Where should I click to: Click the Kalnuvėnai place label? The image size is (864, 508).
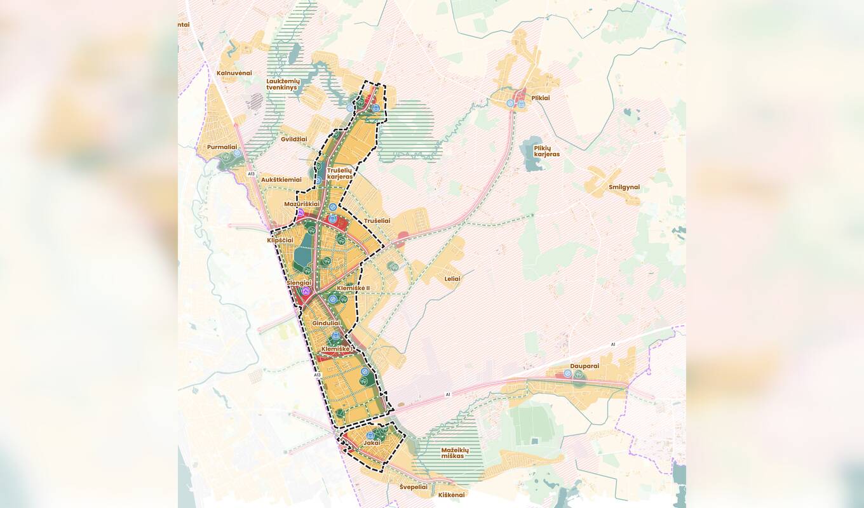tap(234, 73)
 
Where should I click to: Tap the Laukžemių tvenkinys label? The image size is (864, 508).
tap(283, 84)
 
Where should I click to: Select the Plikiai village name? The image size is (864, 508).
tap(540, 98)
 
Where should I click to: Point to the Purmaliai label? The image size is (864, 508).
tap(222, 147)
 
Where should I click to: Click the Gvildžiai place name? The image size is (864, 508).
tap(294, 139)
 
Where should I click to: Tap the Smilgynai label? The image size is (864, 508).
tap(624, 187)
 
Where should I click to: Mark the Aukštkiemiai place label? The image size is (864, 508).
tap(281, 180)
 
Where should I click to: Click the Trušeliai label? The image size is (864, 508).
tap(377, 221)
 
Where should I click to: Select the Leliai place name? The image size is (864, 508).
tap(452, 279)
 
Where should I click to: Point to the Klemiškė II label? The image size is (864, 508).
tap(353, 288)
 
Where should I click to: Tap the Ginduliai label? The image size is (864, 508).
tap(326, 323)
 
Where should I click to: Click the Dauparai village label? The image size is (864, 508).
tap(584, 366)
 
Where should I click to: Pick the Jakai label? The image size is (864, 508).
tap(372, 443)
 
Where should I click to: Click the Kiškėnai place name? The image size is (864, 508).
tap(452, 495)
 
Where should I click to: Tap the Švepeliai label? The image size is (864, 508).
tap(414, 487)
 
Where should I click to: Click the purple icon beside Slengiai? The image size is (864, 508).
tap(306, 291)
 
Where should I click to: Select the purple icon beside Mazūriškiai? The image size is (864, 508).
tap(300, 211)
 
